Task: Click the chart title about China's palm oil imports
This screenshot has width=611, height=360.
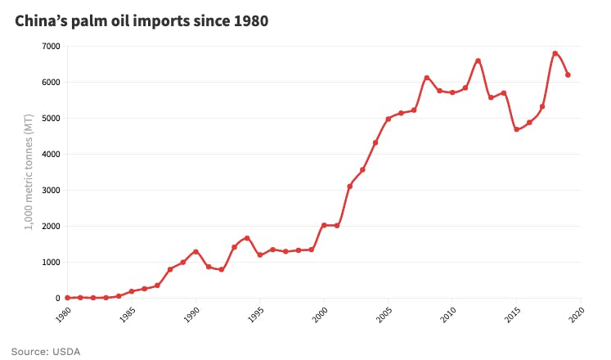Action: coord(142,20)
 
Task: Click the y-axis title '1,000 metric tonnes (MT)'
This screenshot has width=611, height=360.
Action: coord(29,172)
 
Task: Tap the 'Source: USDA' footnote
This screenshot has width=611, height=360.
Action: coord(46,351)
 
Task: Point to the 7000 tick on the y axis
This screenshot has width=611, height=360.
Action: coord(49,47)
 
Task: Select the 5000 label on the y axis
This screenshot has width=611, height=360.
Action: coord(49,119)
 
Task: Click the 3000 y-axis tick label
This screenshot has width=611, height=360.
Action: coord(49,191)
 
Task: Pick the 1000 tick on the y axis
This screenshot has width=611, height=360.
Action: coord(49,263)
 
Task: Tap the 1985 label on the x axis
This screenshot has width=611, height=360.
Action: coord(127,315)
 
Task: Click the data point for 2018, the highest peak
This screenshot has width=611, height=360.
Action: coord(555,54)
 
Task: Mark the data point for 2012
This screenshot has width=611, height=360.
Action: coord(478,61)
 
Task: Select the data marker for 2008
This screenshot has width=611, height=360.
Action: coord(427,78)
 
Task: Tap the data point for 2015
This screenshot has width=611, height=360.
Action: coord(516,129)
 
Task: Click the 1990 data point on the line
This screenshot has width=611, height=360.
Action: coord(195,252)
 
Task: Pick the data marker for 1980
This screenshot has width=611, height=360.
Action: coord(67,298)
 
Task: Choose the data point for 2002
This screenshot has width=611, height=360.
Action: coord(349,187)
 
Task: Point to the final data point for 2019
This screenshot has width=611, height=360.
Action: coord(568,75)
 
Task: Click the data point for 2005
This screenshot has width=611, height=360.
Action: coord(388,119)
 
